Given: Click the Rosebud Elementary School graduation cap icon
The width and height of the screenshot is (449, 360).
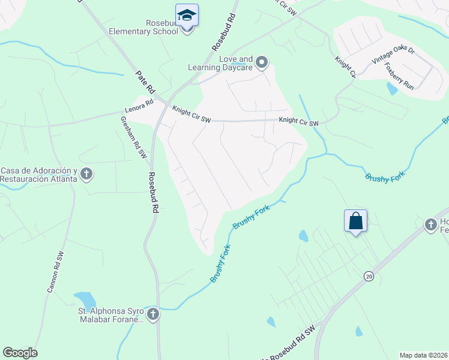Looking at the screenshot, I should pyautogui.click(x=187, y=15).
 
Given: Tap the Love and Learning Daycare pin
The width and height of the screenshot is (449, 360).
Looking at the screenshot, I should pyautogui.click(x=261, y=62).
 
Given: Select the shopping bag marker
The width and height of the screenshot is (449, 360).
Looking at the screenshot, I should pyautogui.click(x=355, y=221).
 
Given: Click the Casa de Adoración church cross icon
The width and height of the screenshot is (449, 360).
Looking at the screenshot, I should pyautogui.click(x=86, y=175).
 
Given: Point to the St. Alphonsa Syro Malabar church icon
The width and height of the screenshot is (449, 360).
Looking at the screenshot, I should pyautogui.click(x=153, y=314).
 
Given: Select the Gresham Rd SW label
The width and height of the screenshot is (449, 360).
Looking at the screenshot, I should pyautogui.click(x=134, y=137).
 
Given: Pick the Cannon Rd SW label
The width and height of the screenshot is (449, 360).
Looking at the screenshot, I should pyautogui.click(x=55, y=272).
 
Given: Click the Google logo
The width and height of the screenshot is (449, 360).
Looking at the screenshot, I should pyautogui.click(x=20, y=353).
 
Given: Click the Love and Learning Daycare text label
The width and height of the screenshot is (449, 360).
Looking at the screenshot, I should pyautogui.click(x=235, y=63).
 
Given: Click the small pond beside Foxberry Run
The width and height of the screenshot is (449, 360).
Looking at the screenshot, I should pyautogui.click(x=392, y=89).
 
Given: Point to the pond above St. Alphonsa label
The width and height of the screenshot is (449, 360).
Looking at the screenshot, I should pyautogui.click(x=85, y=299).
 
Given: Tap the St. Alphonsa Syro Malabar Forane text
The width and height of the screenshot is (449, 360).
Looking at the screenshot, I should pyautogui.click(x=112, y=315).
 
